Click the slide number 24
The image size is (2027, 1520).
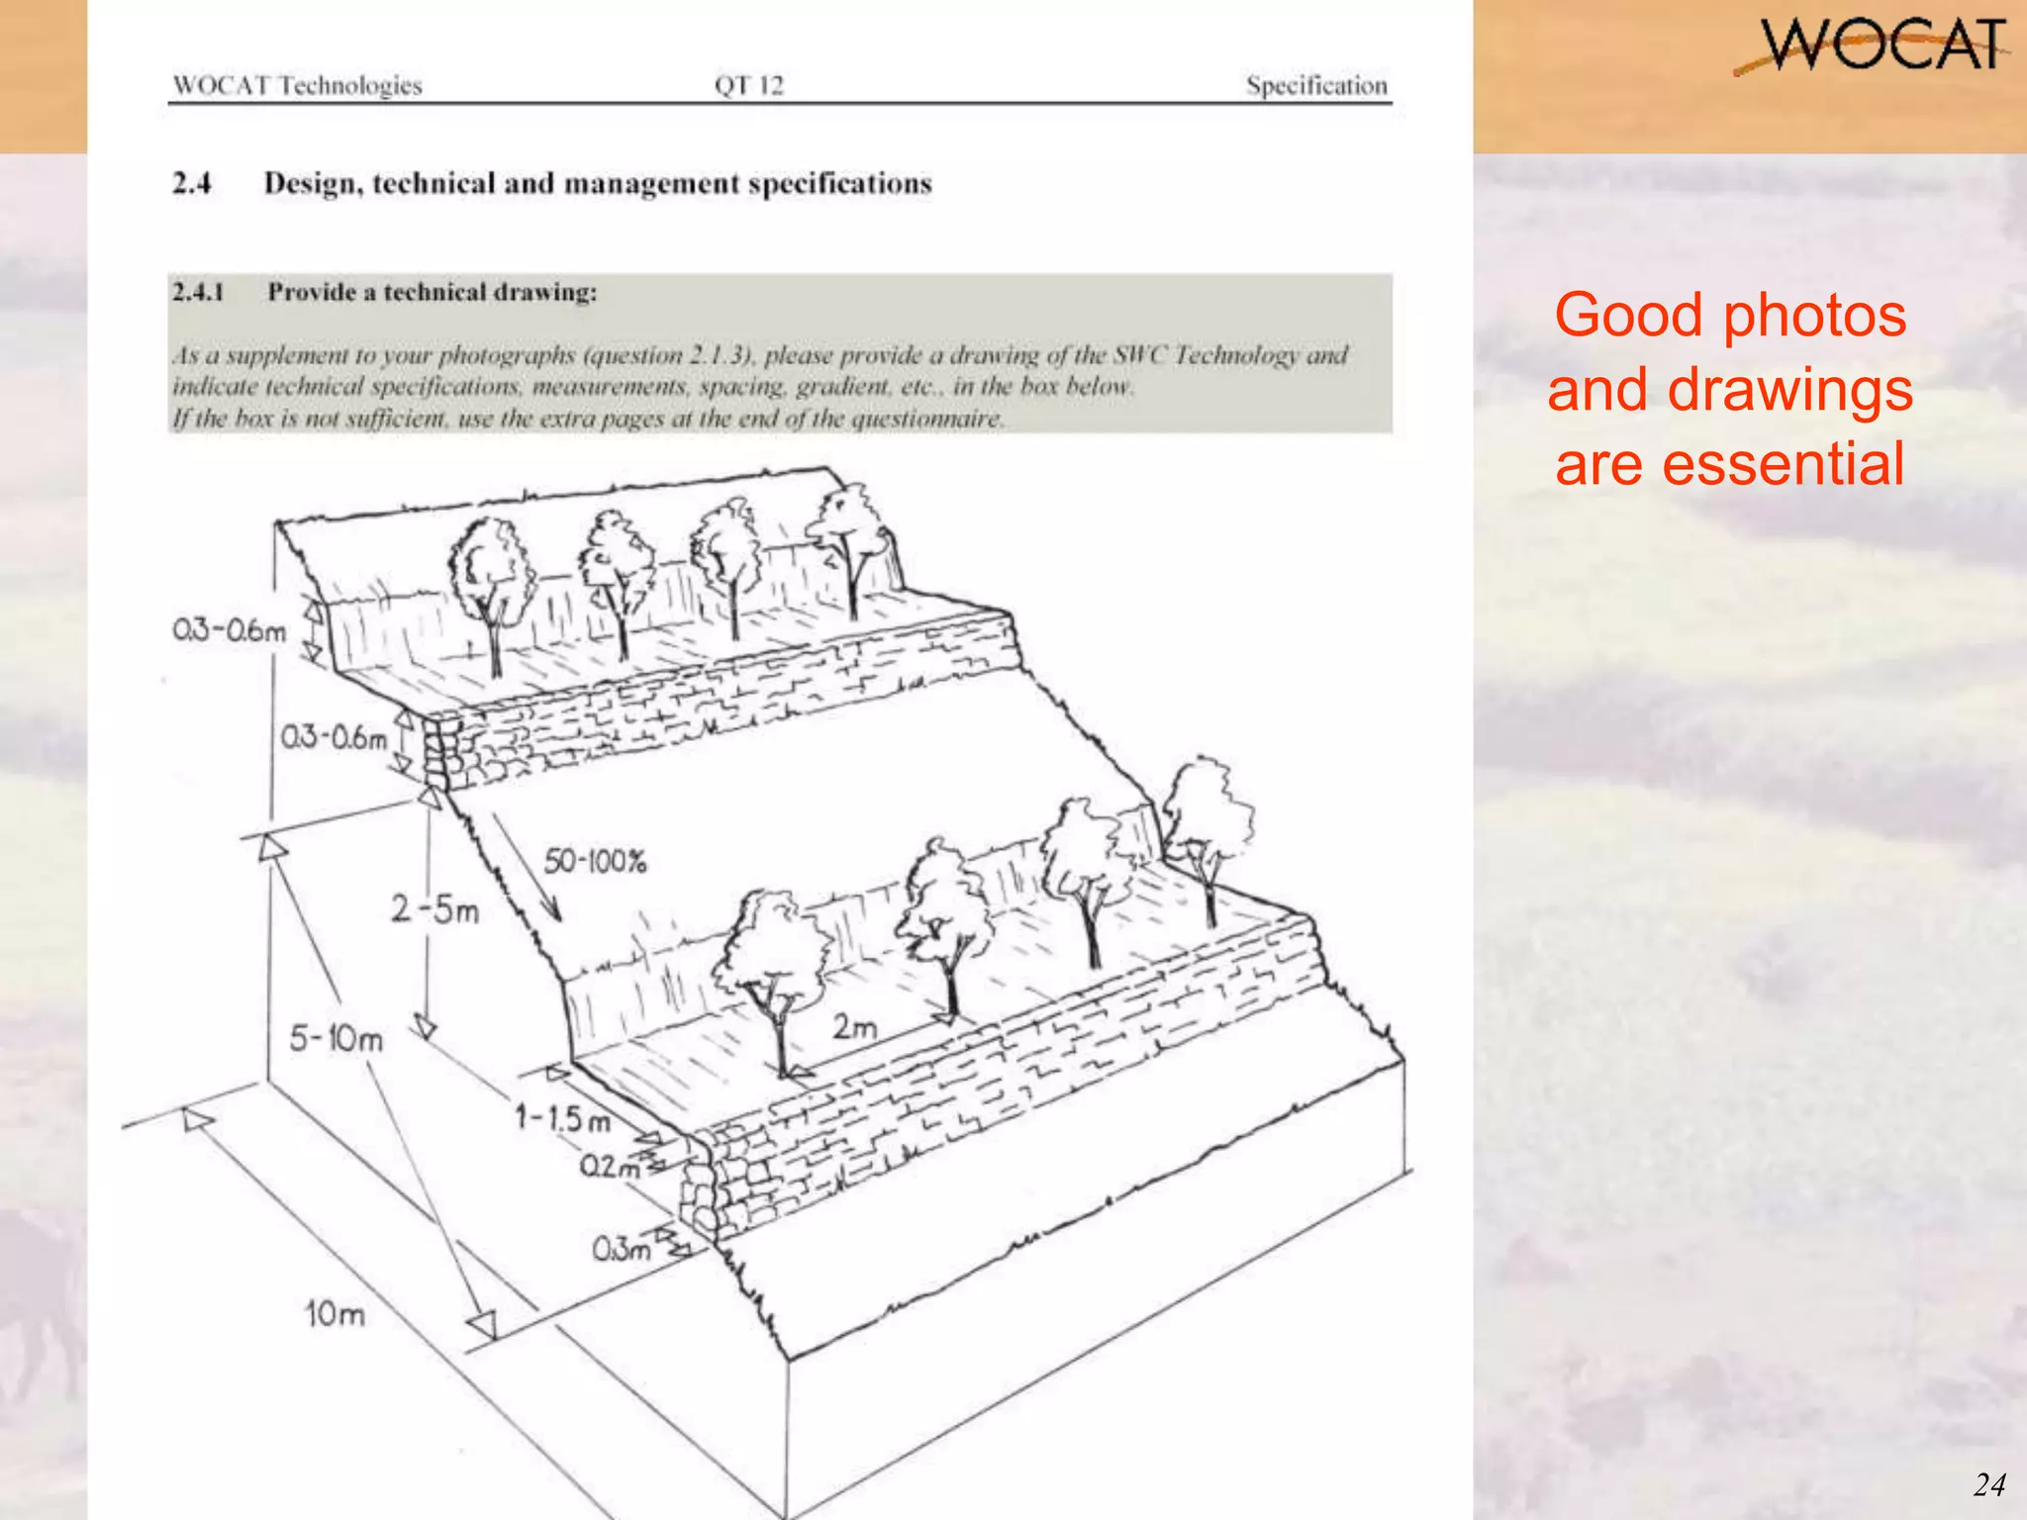pos(1988,1484)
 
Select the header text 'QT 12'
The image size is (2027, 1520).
pos(748,85)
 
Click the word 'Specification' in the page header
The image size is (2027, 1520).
pos(1316,85)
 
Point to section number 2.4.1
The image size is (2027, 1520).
pos(198,292)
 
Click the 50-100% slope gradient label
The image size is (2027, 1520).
pos(595,861)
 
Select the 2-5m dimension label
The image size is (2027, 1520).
pos(434,908)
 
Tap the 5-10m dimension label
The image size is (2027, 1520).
pos(336,1039)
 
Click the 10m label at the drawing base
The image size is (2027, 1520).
pos(336,1314)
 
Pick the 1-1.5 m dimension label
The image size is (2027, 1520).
pos(562,1119)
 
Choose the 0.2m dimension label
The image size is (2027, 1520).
pos(609,1167)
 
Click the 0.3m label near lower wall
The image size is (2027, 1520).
pos(622,1250)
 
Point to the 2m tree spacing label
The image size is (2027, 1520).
pos(853,1027)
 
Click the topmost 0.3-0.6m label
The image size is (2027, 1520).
pos(229,629)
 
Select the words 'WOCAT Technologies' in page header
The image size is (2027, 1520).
pos(297,85)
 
